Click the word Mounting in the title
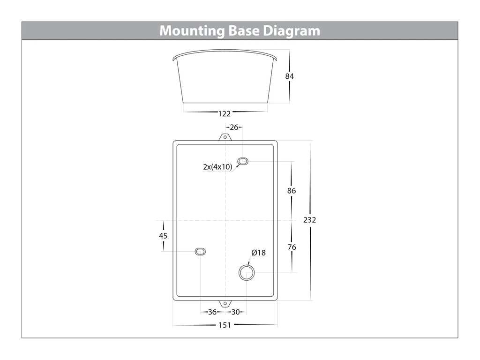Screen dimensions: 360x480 (x=192, y=31)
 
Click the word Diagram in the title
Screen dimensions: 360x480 (x=291, y=31)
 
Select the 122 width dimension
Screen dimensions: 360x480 (x=225, y=113)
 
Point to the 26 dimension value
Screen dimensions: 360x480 (x=234, y=127)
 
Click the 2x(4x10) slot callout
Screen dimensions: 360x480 (x=217, y=166)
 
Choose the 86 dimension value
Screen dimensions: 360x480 (x=292, y=191)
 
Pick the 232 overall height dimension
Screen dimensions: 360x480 (x=309, y=220)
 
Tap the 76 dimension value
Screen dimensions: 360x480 (x=292, y=247)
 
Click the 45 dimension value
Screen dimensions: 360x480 (x=163, y=236)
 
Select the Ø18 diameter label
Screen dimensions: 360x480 (x=258, y=253)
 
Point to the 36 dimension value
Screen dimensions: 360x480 (x=212, y=312)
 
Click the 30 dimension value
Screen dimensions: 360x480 (x=235, y=312)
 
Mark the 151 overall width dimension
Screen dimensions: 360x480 (x=225, y=325)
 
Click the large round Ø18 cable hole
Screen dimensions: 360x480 (x=247, y=272)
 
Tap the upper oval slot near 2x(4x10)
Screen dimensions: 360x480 (x=243, y=162)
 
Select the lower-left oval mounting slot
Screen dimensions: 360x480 (x=200, y=252)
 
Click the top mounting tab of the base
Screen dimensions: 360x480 (x=225, y=137)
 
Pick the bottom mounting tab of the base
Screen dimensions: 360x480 (x=225, y=303)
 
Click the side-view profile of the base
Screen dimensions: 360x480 (x=225, y=77)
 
